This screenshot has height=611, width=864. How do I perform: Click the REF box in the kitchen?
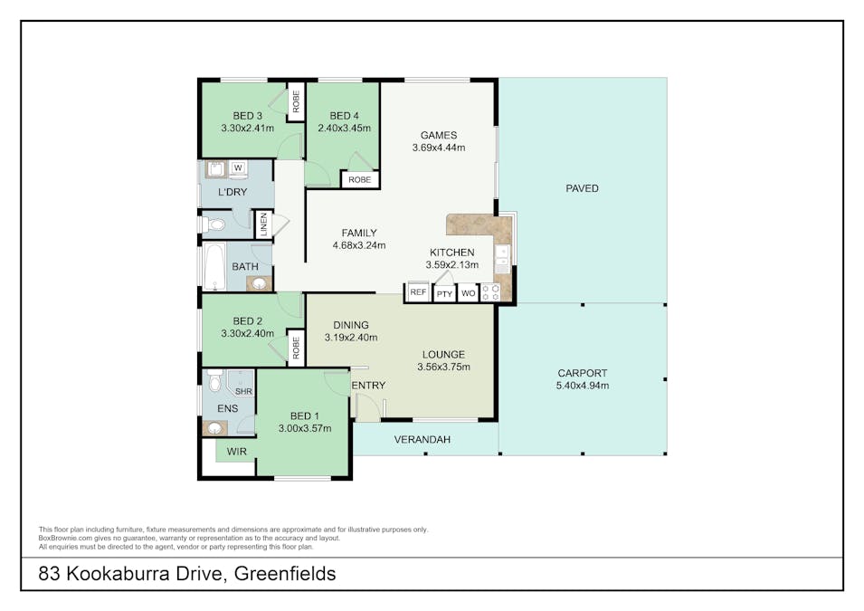(x=418, y=291)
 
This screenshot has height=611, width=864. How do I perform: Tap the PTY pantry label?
(x=445, y=294)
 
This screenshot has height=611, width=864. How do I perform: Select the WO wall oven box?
(x=469, y=292)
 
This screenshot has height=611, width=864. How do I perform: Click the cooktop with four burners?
(x=490, y=292)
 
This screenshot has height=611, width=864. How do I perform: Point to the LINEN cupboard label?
(x=263, y=224)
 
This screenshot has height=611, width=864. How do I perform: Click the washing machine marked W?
(x=238, y=168)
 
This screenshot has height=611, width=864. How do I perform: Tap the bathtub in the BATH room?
(x=214, y=266)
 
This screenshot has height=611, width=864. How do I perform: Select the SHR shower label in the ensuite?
(x=243, y=391)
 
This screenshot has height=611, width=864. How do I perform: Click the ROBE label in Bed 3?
(x=297, y=102)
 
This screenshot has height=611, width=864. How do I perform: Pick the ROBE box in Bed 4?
(x=360, y=180)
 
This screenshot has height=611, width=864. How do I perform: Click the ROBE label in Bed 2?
(x=297, y=348)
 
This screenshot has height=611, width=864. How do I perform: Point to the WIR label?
(x=237, y=452)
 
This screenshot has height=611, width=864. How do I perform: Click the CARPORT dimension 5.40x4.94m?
(x=583, y=386)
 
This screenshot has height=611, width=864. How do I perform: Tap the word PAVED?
(x=582, y=188)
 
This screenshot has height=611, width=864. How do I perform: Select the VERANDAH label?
(x=423, y=440)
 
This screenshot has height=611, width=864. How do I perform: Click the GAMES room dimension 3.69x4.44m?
(x=439, y=148)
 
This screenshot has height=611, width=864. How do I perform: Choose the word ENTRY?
(x=368, y=386)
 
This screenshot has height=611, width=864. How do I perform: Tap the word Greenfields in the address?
(x=285, y=574)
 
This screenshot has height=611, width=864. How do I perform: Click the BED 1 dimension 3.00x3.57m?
(x=305, y=428)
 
